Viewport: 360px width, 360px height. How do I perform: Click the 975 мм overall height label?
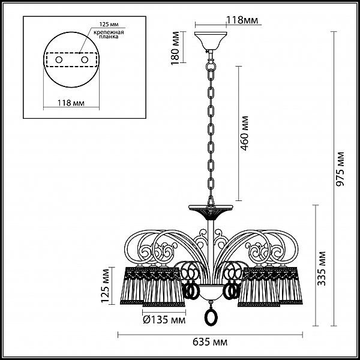point(340,169)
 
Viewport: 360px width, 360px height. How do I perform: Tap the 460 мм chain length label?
point(245,133)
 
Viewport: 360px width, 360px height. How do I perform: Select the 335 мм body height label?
point(322,269)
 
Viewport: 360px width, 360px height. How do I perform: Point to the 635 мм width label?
point(210,342)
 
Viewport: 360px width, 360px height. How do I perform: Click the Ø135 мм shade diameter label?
point(164,320)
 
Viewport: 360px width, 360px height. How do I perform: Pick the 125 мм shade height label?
point(106,286)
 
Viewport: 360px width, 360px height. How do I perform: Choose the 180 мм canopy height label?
point(175,48)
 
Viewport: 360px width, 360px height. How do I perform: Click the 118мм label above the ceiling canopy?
point(242,20)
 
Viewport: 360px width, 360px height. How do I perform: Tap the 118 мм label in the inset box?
point(71,103)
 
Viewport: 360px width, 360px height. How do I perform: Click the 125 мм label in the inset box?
point(109,24)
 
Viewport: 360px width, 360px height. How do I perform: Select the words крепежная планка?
point(109,34)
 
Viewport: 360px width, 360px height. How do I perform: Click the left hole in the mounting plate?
point(59,60)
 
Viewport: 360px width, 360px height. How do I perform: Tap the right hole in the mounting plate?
point(85,60)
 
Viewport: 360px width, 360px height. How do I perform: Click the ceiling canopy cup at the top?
point(211,41)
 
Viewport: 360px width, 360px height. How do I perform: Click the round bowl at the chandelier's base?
point(211,292)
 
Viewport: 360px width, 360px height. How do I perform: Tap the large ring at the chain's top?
point(211,65)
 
